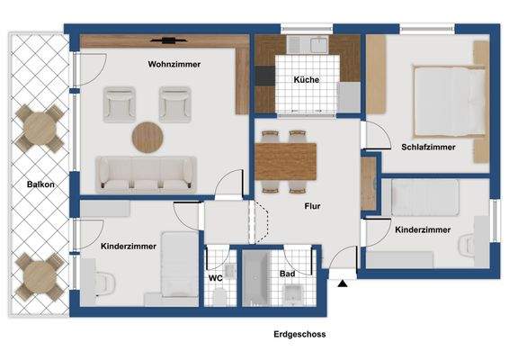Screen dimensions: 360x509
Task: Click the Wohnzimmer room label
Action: coord(174,65)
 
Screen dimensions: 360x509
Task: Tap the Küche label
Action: coord(307,80)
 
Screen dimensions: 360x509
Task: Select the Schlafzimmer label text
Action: coord(429,147)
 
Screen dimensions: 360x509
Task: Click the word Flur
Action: coord(312,206)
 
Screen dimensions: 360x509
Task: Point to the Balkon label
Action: coord(40,184)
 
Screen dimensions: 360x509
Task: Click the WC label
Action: coord(216,278)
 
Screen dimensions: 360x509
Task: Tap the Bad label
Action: coord(287,273)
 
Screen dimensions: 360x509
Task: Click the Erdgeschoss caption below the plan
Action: coord(299,334)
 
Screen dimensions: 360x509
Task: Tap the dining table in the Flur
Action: coord(287,161)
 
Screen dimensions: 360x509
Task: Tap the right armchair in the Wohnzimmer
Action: coord(174,103)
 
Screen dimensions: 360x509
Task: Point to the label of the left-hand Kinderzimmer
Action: coord(129,246)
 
